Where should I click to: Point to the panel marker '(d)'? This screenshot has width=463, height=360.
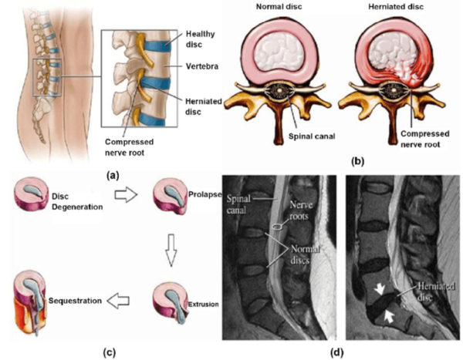point(334,352)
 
